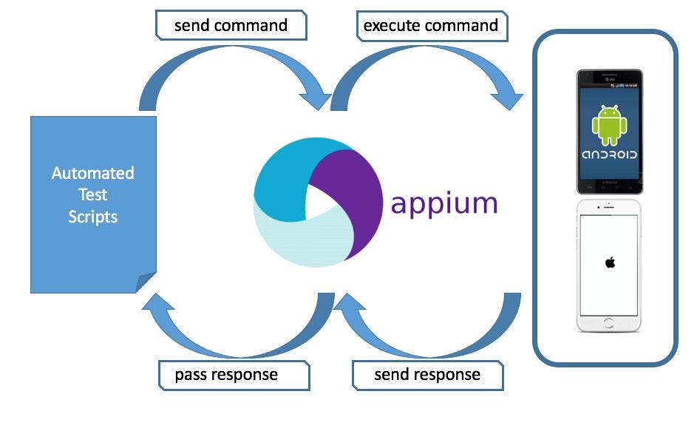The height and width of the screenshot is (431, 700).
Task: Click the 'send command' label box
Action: (x=231, y=26)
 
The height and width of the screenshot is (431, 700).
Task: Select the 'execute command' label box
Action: (x=431, y=26)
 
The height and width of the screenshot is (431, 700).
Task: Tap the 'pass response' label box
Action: (x=226, y=375)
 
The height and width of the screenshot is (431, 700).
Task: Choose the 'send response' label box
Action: (x=427, y=375)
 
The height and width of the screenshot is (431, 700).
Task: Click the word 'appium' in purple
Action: (x=444, y=203)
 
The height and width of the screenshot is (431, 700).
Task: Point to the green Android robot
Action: (x=609, y=125)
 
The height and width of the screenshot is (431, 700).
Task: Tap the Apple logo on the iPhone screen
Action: (x=610, y=262)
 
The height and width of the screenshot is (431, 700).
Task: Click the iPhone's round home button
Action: (x=609, y=323)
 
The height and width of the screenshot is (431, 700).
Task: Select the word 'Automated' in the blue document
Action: (x=92, y=173)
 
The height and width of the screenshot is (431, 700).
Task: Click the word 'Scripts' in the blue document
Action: (x=92, y=217)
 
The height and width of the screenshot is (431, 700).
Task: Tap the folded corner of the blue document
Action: (x=146, y=282)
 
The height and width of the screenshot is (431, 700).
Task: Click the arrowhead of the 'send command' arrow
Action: (x=316, y=98)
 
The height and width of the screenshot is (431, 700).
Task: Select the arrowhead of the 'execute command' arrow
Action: (x=509, y=98)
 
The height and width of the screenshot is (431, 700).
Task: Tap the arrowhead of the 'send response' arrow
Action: (x=347, y=305)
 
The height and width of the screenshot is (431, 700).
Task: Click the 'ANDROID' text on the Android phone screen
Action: (x=609, y=155)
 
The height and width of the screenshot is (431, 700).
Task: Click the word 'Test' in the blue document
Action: (x=92, y=195)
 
